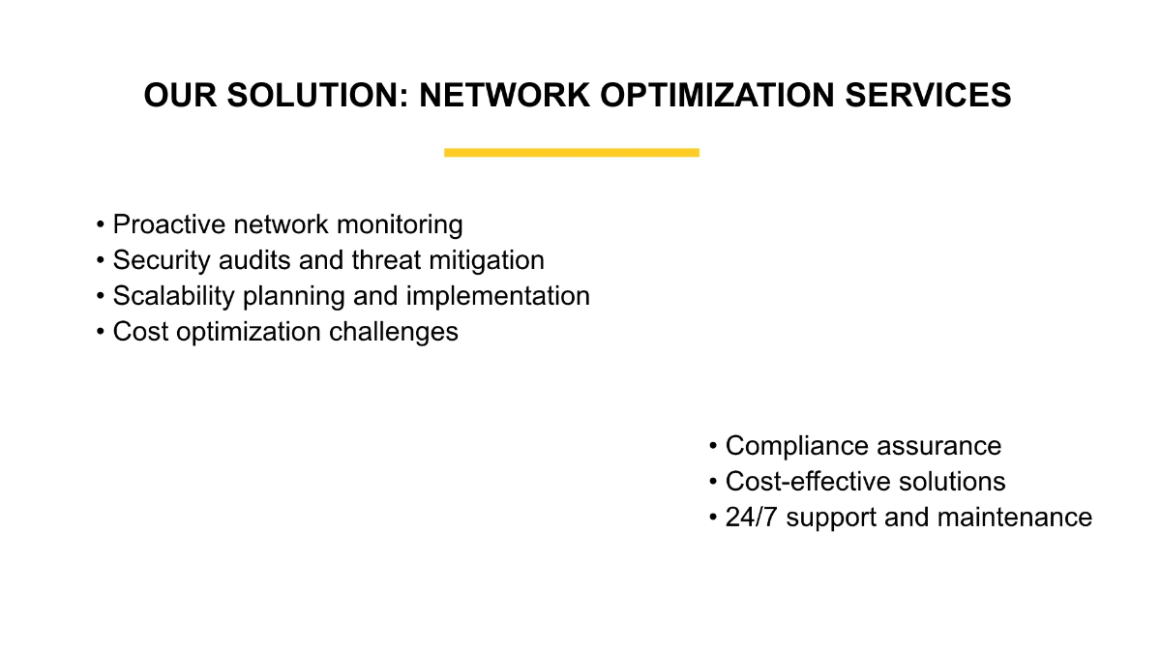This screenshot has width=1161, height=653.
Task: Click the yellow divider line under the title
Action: pos(571,152)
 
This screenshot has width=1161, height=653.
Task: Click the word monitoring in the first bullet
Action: pos(399,224)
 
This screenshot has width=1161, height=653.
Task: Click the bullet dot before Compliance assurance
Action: pos(713,447)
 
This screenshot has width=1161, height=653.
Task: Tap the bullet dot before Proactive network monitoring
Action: pos(101,225)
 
